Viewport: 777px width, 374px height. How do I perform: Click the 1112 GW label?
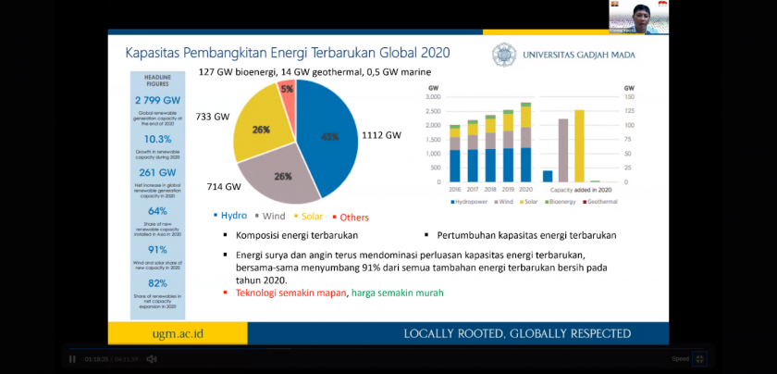point(380,135)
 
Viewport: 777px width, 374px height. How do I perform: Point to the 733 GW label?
point(212,118)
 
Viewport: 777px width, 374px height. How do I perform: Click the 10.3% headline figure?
point(156,139)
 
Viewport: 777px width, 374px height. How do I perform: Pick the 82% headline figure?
point(156,283)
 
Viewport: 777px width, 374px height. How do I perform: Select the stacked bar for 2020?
point(525,143)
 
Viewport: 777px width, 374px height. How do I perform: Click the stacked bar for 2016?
point(454,154)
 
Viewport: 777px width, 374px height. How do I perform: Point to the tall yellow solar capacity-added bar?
point(579,145)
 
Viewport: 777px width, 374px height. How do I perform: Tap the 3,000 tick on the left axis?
point(433,96)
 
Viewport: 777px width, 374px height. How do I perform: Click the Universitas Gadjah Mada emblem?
point(504,55)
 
